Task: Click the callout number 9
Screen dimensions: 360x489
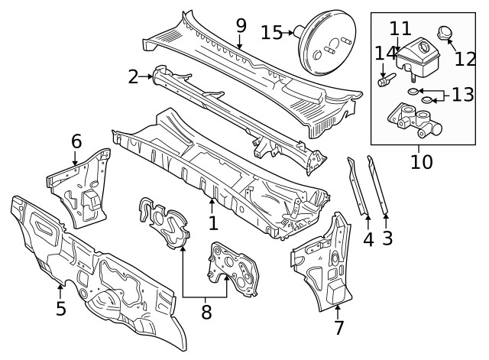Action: [241, 25]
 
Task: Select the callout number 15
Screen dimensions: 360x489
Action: [271, 33]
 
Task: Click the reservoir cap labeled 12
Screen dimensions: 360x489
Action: [444, 33]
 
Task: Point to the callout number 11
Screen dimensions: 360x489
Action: [400, 28]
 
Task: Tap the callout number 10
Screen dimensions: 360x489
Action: [421, 161]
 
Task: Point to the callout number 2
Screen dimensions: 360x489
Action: [133, 76]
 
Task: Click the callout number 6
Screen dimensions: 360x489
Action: [76, 141]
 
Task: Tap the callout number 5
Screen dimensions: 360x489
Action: [60, 308]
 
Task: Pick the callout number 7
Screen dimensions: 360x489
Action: [338, 328]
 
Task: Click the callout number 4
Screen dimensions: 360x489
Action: [368, 238]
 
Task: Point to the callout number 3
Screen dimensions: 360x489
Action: [387, 238]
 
